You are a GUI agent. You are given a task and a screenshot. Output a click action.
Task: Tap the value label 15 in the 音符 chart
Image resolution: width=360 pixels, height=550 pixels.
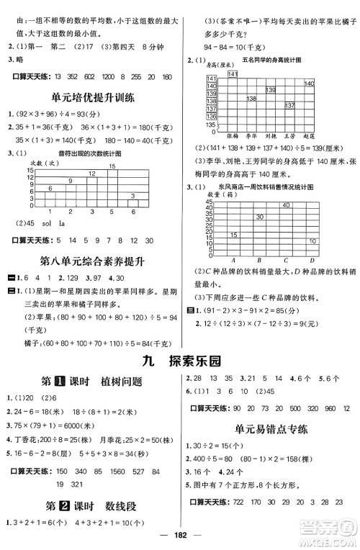coord(112,166)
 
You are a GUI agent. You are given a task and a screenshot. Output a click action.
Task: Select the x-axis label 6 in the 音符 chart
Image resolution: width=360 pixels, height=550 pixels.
coord(134,212)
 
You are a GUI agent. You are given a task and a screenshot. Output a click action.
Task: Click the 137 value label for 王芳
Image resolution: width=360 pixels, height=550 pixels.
coord(289,105)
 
